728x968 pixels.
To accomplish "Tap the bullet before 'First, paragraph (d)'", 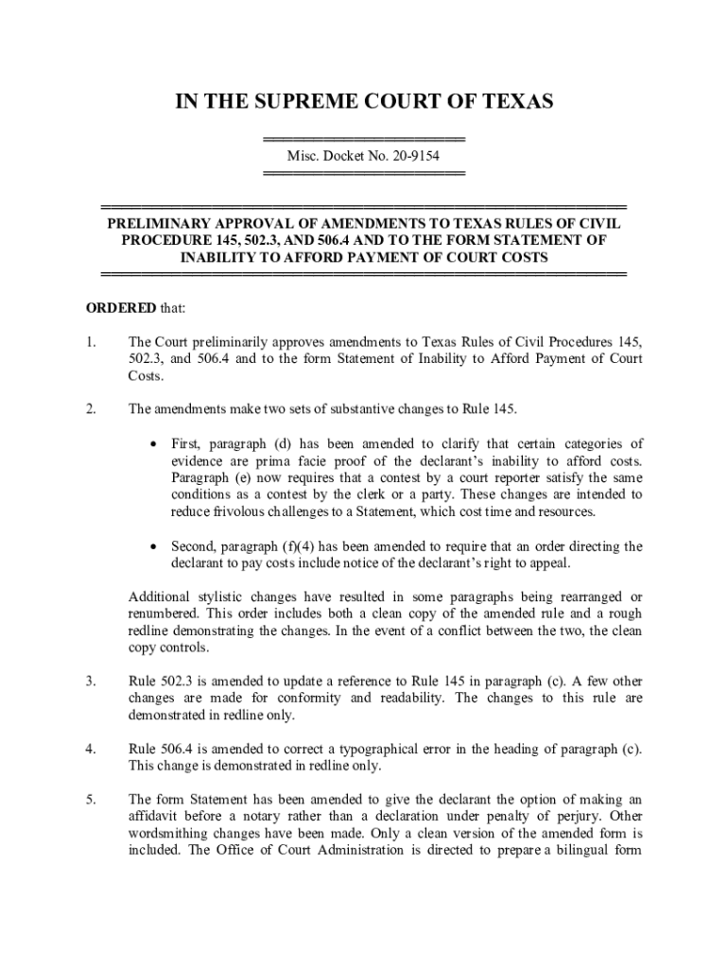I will point(154,444).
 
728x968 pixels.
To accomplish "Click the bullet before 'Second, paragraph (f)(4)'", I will point(154,546).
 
